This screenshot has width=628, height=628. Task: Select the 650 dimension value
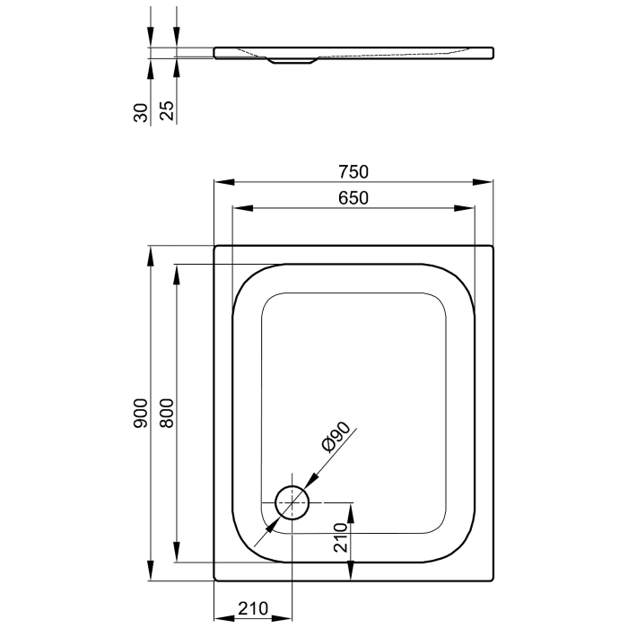354,198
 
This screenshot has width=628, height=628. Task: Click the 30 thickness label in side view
139,110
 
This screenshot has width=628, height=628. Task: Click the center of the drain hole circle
292,502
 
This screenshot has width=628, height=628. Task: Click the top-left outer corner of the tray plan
214,246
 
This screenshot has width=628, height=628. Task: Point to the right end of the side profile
493,53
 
